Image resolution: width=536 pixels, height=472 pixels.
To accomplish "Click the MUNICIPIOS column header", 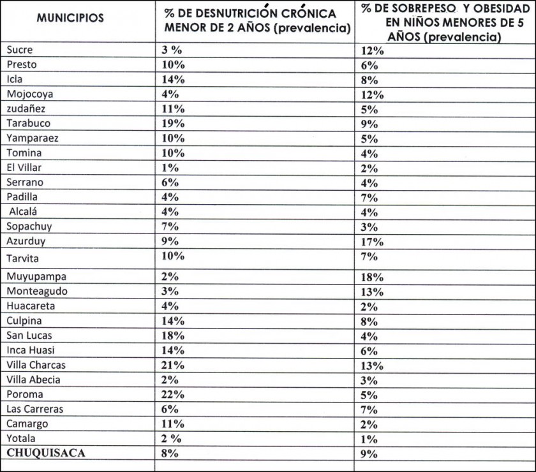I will pyautogui.click(x=70, y=18).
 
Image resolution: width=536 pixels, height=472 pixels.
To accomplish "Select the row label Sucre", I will pyautogui.click(x=19, y=50).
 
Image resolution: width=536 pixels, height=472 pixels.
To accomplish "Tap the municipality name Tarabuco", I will pyautogui.click(x=28, y=123).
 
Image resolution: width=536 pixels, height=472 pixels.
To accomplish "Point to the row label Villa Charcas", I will pyautogui.click(x=36, y=365).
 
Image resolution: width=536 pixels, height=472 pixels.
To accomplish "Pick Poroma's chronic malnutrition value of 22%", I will pyautogui.click(x=172, y=395).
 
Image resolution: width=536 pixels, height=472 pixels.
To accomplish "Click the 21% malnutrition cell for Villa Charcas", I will pyautogui.click(x=172, y=365).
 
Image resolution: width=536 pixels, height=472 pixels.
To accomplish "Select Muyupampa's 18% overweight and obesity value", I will pyautogui.click(x=372, y=277).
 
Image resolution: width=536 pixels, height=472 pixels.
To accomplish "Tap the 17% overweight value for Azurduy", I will pyautogui.click(x=372, y=242).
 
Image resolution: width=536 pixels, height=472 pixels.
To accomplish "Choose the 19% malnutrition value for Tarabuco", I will pyautogui.click(x=172, y=124).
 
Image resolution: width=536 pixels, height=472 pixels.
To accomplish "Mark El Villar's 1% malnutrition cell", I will pyautogui.click(x=170, y=168).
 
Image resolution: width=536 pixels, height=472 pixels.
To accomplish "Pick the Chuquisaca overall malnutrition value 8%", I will pyautogui.click(x=170, y=454).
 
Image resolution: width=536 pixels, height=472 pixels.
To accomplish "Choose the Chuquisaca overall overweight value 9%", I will pyautogui.click(x=369, y=454).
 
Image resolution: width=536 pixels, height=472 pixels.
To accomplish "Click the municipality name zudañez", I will pyautogui.click(x=26, y=108).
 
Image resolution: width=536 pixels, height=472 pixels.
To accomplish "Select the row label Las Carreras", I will pyautogui.click(x=35, y=409).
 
